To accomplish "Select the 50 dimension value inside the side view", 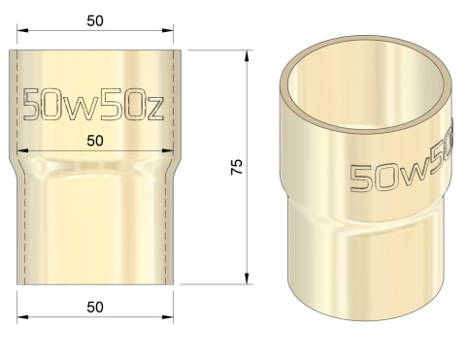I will pos(94,140).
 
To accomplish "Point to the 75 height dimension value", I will pos(235,165).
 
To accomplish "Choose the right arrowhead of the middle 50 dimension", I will pos(174,149).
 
